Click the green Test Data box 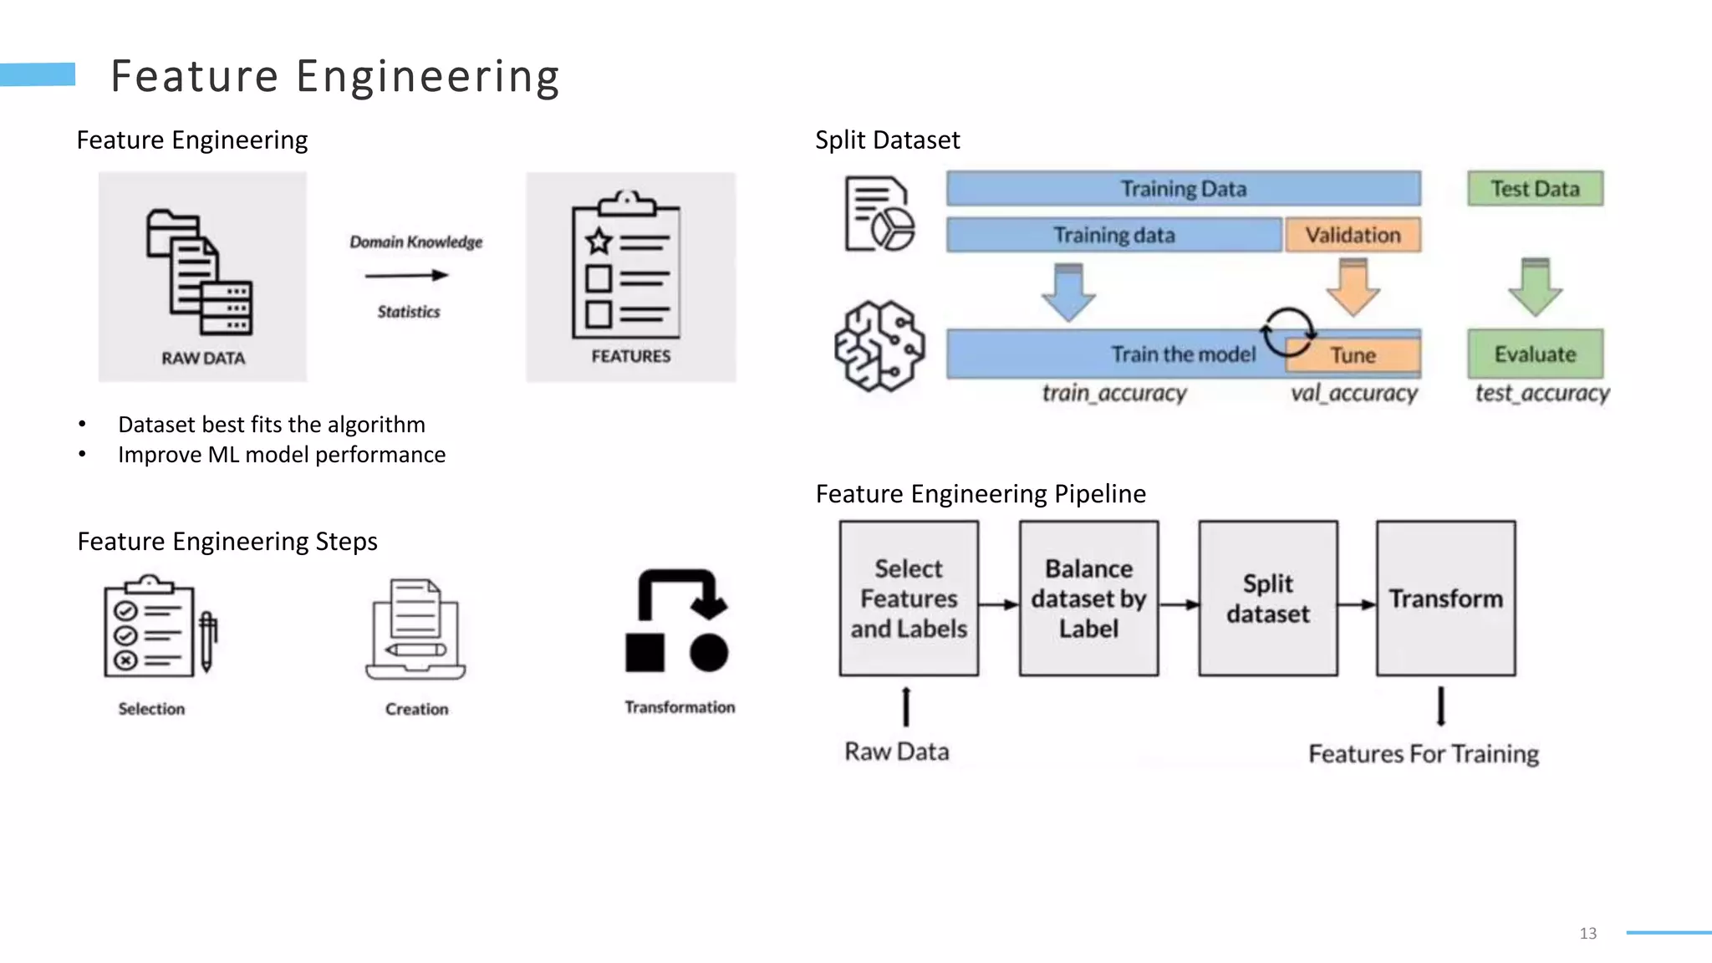point(1535,189)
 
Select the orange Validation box point(1353,235)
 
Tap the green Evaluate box point(1535,354)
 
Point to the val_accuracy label point(1353,393)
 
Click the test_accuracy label point(1541,393)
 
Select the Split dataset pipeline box point(1267,599)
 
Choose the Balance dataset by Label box point(1088,599)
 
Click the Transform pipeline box point(1445,599)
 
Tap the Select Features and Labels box point(909,599)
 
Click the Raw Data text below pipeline point(896,752)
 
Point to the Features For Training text point(1423,754)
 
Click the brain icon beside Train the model point(879,346)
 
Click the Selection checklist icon point(159,627)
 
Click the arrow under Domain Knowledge point(407,275)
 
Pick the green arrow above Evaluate point(1535,288)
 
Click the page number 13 point(1587,934)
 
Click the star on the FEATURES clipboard point(599,242)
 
